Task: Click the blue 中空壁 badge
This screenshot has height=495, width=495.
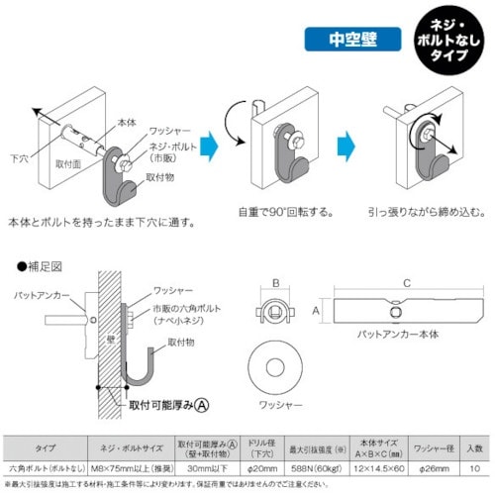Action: click(347, 42)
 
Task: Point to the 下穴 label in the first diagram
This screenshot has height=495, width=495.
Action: click(20, 156)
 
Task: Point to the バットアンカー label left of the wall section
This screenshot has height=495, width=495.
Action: click(39, 296)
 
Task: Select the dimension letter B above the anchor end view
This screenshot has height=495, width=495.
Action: click(273, 281)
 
